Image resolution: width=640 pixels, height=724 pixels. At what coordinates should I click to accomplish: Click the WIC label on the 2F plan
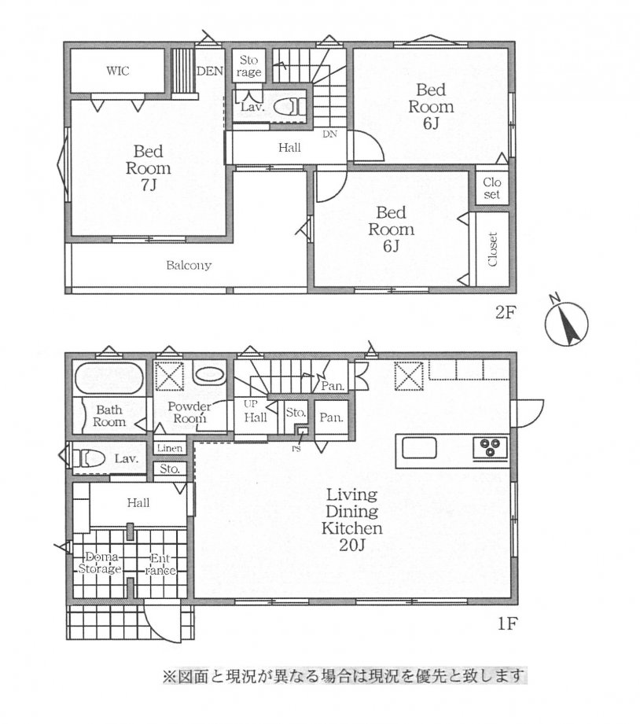(118, 71)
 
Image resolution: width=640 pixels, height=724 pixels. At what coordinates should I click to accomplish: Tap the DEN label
(210, 71)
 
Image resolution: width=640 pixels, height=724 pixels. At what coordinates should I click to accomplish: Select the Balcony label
(189, 266)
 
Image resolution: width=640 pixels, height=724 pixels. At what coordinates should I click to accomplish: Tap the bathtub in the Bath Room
(109, 378)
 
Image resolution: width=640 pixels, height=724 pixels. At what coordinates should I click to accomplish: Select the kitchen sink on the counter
(419, 447)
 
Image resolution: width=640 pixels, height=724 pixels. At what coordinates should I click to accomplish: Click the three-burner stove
(491, 447)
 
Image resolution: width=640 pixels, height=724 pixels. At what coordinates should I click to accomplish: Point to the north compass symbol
(566, 322)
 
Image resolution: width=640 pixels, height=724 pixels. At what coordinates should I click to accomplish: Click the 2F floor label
(505, 313)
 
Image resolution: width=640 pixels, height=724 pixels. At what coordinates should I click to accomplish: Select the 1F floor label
(506, 624)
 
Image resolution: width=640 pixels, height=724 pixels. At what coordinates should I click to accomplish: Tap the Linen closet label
(170, 448)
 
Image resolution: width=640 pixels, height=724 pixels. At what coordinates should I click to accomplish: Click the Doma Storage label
(100, 563)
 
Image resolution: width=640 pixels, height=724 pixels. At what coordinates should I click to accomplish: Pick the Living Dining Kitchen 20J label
(352, 520)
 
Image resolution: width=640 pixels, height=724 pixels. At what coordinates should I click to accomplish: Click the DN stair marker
(329, 134)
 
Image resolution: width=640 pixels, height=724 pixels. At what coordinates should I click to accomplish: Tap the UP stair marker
(251, 404)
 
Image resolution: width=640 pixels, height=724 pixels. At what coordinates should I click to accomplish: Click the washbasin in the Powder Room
(210, 374)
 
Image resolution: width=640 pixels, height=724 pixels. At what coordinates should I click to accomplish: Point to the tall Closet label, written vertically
(493, 249)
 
